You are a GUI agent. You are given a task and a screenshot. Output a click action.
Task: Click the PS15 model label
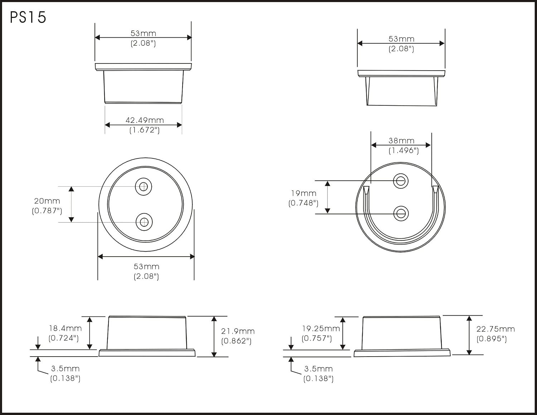click(28, 18)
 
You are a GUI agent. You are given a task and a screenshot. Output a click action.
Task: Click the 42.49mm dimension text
click(145, 120)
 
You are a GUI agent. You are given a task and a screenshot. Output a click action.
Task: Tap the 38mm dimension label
click(401, 141)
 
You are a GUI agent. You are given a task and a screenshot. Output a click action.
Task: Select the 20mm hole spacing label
click(47, 201)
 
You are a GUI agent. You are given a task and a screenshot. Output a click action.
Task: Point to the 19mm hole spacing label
click(304, 193)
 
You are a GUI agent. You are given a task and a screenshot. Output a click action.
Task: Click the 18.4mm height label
click(65, 328)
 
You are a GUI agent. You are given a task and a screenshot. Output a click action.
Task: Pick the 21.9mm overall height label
click(238, 331)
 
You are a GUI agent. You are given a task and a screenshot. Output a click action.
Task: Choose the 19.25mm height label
click(321, 328)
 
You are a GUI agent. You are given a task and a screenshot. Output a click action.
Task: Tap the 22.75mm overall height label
click(495, 329)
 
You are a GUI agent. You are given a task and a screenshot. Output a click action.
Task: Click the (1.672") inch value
click(145, 130)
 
